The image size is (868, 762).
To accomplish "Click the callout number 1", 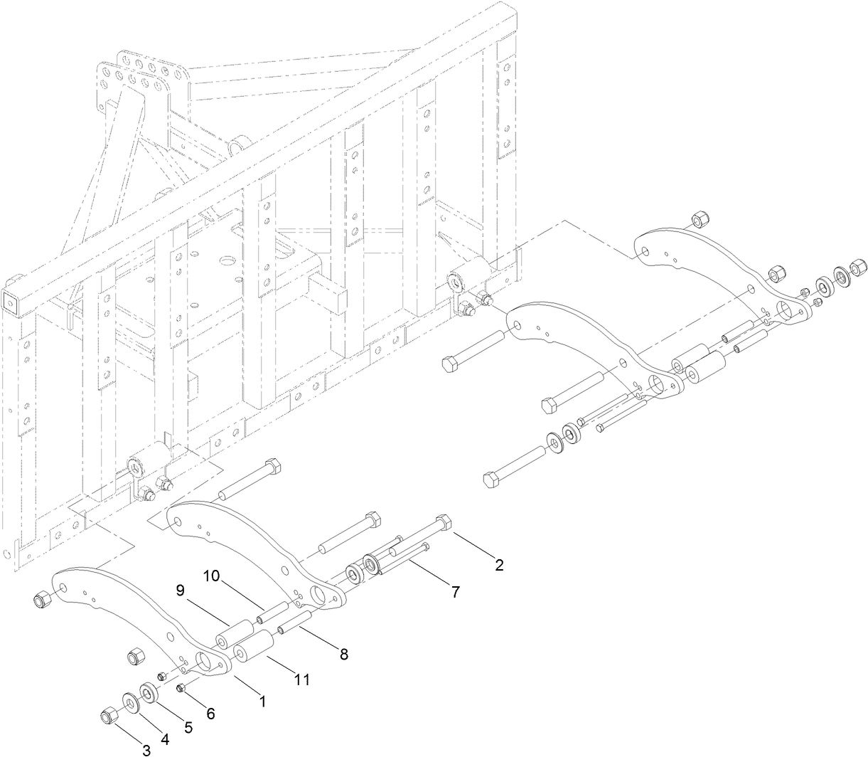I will [x=262, y=702].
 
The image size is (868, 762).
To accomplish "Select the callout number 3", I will [x=146, y=750].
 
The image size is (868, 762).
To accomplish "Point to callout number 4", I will [x=165, y=739].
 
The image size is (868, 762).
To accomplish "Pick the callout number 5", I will [x=188, y=727].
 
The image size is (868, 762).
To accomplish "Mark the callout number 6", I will [x=210, y=714].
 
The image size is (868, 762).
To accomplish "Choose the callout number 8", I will [x=343, y=654].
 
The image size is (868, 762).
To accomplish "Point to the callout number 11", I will [x=302, y=680].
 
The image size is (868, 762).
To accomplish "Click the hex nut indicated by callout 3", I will [x=109, y=713].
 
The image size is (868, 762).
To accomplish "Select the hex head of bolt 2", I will [x=443, y=522].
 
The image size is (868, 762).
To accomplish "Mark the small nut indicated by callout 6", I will [x=181, y=687].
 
